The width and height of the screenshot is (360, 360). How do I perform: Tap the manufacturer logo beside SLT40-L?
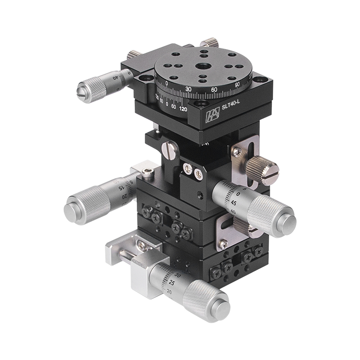(x=212, y=116)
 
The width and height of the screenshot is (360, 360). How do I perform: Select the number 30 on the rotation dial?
(x=189, y=89)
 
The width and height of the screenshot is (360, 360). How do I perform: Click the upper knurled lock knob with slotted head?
(x=263, y=171)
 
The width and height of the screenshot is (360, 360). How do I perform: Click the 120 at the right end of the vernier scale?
(x=183, y=108)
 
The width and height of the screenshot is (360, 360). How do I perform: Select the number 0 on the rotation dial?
(x=167, y=83)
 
